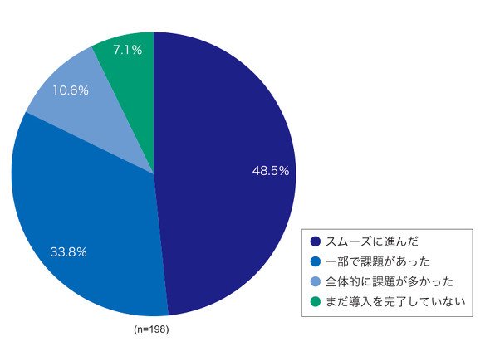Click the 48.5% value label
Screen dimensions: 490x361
click(x=271, y=171)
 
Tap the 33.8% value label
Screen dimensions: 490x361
click(x=68, y=251)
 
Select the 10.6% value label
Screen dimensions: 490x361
click(x=71, y=90)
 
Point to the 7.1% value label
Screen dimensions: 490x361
click(x=128, y=50)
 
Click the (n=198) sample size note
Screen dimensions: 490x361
click(x=151, y=329)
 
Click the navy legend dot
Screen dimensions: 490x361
click(x=316, y=241)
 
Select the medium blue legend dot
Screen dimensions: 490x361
click(x=316, y=261)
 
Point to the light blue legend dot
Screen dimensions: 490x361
click(x=316, y=281)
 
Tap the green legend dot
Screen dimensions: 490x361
click(x=316, y=301)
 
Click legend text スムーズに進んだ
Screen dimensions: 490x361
click(x=372, y=241)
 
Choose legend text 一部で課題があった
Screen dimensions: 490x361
click(x=378, y=261)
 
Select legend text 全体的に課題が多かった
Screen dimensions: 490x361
click(x=390, y=281)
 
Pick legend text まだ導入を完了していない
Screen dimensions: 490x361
click(x=395, y=301)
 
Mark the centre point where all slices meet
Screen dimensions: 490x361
click(x=154, y=173)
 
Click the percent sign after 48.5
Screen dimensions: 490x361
click(x=284, y=171)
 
